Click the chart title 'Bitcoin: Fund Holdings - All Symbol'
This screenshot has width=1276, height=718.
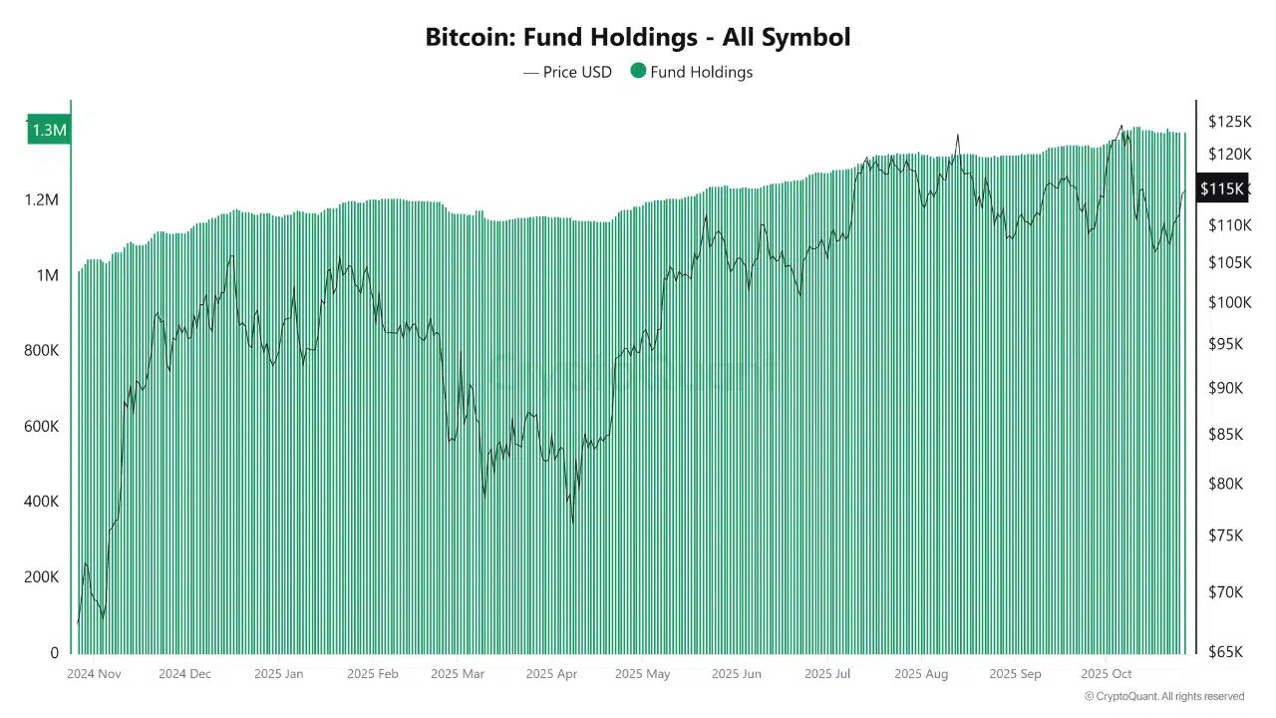(638, 38)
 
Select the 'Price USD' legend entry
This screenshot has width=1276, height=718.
(568, 72)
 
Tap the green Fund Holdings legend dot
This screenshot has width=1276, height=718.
(638, 71)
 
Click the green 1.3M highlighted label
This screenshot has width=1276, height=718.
(49, 130)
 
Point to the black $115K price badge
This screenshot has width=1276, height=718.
(1221, 188)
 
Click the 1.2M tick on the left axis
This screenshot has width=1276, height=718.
(41, 200)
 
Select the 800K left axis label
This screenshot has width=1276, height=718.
(41, 351)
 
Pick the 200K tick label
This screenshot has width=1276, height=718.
(41, 577)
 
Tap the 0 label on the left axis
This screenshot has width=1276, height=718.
(54, 653)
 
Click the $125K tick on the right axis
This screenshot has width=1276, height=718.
(1229, 122)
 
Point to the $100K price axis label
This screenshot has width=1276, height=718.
(1229, 302)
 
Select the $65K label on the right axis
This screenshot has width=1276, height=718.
(1227, 652)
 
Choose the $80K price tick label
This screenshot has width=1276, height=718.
(1227, 484)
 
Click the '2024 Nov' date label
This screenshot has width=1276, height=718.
(94, 674)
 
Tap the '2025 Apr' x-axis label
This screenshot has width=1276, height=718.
(551, 674)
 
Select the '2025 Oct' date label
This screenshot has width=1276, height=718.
(1107, 674)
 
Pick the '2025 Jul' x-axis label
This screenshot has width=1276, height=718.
(827, 674)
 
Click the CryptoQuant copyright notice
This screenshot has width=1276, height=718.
(1163, 696)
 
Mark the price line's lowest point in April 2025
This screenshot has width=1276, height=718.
(572, 522)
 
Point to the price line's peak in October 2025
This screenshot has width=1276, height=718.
(1120, 126)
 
